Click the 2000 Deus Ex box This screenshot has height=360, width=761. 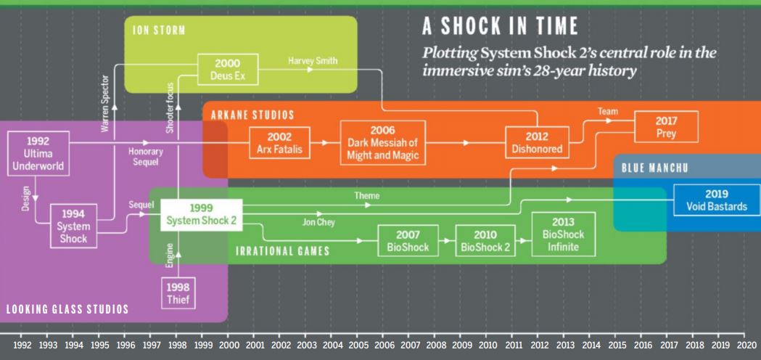point(228,70)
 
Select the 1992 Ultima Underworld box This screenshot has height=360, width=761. point(38,154)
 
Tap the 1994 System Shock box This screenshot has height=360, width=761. point(73,226)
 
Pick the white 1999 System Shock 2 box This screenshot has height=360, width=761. point(202,215)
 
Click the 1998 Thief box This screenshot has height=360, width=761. point(178,292)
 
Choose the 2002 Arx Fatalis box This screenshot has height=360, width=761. point(279,143)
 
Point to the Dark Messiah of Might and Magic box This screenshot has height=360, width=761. point(383,143)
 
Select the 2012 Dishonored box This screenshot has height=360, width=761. point(536,143)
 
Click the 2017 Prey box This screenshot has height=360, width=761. point(666,126)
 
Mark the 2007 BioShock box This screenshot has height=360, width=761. point(408,240)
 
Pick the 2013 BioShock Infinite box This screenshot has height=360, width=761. point(563,234)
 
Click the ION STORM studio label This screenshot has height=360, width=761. point(159,30)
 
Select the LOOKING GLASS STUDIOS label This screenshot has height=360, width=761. point(67,309)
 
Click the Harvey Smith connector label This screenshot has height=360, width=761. point(313,61)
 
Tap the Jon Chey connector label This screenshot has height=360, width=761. point(318,223)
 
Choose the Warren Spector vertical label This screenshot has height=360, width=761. point(105,104)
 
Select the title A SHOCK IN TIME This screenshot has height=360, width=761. point(500,26)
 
